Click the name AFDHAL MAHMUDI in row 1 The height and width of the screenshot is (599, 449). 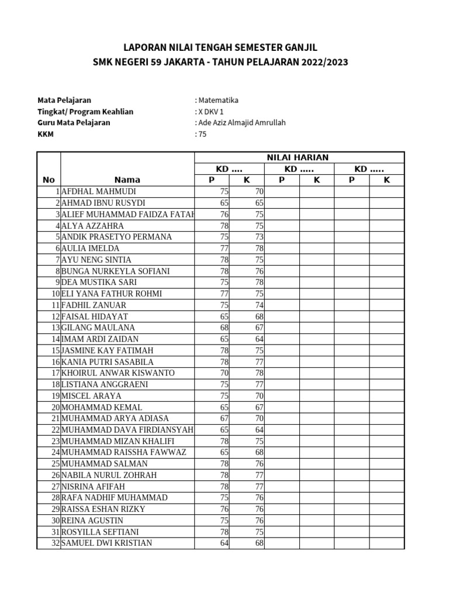click(x=98, y=191)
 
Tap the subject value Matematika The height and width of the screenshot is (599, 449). click(x=218, y=101)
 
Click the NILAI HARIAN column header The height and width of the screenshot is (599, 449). click(x=298, y=157)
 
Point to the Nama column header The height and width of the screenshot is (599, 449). click(x=127, y=180)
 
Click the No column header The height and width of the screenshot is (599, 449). click(x=49, y=180)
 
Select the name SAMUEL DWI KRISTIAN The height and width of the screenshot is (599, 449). click(x=106, y=543)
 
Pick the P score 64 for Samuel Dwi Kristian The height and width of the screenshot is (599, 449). click(x=224, y=543)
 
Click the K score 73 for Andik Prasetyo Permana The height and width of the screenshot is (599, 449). click(x=259, y=237)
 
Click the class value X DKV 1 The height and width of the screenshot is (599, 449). click(x=210, y=112)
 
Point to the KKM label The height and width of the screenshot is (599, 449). click(x=46, y=134)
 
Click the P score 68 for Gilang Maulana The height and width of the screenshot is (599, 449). click(x=224, y=328)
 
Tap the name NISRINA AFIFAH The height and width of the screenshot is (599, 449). click(x=93, y=486)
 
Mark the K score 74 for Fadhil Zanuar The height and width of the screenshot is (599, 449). click(x=259, y=305)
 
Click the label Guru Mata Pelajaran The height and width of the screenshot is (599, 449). click(x=74, y=123)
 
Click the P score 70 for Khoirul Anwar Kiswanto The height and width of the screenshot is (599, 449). click(x=224, y=373)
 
